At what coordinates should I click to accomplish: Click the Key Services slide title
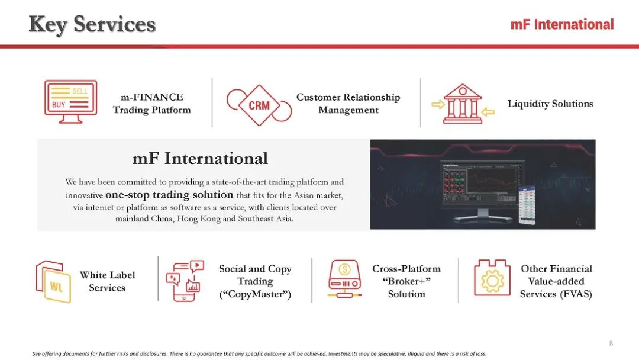(92, 24)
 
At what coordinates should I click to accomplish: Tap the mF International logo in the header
(562, 24)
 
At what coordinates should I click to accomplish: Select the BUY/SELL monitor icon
(70, 102)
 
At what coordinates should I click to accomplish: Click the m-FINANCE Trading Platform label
(151, 104)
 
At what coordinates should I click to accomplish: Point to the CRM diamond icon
(259, 105)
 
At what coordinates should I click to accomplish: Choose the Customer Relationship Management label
(348, 104)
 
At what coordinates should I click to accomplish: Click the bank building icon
(463, 104)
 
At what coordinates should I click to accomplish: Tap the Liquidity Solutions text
(550, 104)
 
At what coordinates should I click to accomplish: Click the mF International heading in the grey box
(200, 159)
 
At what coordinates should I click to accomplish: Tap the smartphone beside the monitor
(527, 204)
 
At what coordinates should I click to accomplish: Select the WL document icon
(53, 281)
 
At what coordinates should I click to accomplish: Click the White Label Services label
(107, 281)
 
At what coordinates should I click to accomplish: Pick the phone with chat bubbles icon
(185, 281)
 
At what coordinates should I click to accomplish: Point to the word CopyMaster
(255, 294)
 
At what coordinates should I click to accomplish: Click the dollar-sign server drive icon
(344, 279)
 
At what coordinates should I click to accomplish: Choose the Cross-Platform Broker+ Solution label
(406, 281)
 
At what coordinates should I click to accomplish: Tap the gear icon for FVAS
(492, 278)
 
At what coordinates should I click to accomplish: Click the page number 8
(611, 343)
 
